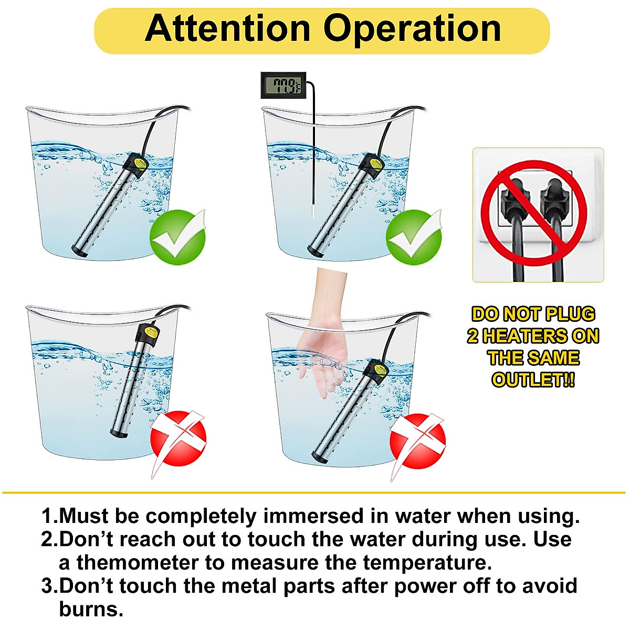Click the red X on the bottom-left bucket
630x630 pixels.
coord(178,438)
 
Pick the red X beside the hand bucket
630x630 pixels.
coord(417,441)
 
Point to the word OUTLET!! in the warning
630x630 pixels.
coord(533,380)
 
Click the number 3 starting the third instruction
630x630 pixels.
coord(47,586)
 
